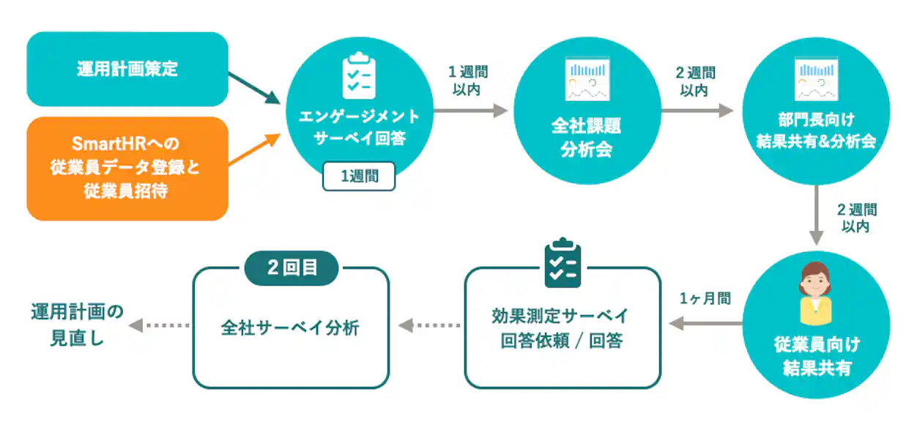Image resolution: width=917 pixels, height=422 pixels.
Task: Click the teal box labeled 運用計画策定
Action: click(x=127, y=70)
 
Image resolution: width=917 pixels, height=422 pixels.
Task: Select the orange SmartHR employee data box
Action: click(x=127, y=169)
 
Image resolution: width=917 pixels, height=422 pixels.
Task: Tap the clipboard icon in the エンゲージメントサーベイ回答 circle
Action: click(x=359, y=75)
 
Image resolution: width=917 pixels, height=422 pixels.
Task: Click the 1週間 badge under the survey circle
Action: click(x=359, y=176)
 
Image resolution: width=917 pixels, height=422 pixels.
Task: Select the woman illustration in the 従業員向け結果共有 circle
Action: click(x=816, y=293)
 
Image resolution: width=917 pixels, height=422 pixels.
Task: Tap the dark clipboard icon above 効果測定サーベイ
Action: click(x=563, y=263)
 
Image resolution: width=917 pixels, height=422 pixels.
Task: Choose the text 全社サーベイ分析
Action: click(x=290, y=327)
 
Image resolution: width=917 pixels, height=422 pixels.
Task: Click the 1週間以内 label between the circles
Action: click(x=468, y=81)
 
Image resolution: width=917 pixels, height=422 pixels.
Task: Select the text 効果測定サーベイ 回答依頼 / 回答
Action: click(x=562, y=327)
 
